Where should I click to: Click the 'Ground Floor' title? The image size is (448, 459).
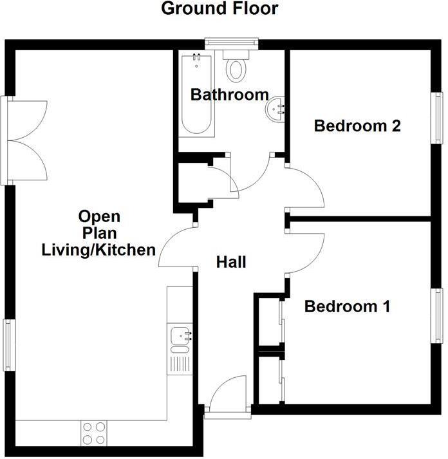coord(219,9)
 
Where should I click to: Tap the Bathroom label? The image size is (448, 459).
coord(230,95)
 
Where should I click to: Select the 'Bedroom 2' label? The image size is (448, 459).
coord(357,126)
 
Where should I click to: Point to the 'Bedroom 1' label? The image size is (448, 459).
coord(348,306)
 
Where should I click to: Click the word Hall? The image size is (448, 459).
coord(232,262)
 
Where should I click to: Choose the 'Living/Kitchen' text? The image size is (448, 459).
coord(98,249)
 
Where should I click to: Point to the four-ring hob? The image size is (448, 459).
coord(95,433)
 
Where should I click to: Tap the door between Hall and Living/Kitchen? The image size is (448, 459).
coord(176,248)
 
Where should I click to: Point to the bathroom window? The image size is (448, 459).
coord(232,44)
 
